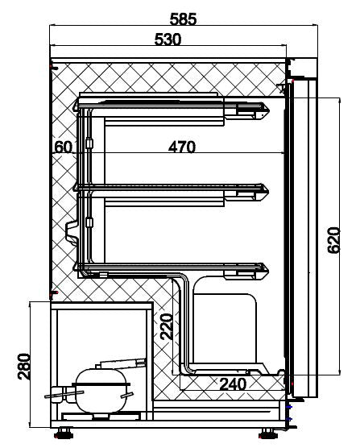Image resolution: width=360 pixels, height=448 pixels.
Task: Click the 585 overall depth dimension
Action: tap(183, 18)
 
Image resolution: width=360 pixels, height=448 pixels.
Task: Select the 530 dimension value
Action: tap(167, 39)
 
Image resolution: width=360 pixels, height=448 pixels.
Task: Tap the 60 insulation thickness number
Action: tap(64, 147)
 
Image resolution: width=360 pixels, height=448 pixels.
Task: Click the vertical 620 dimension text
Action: tap(333, 240)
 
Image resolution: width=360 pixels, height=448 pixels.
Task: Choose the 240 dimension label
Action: tap(233, 384)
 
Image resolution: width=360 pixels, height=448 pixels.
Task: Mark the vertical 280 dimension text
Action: tap(24, 367)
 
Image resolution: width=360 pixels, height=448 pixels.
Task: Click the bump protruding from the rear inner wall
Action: tap(70, 230)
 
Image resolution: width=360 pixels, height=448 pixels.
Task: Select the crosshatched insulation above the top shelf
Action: tap(169, 77)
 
